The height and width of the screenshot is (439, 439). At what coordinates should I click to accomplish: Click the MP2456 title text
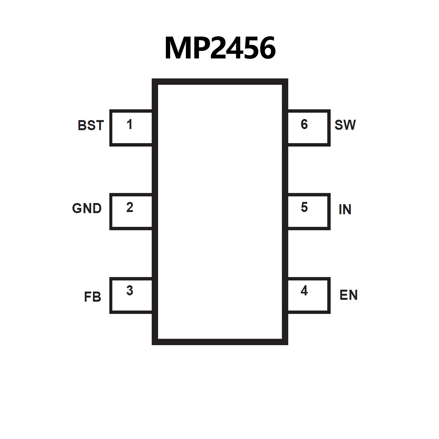(x=220, y=48)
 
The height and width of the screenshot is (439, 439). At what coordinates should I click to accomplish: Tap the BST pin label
(x=91, y=125)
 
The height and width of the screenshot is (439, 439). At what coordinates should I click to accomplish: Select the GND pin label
(x=87, y=208)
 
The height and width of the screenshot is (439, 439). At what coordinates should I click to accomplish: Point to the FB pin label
(x=92, y=297)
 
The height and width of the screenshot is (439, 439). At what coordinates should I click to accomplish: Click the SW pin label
(x=345, y=125)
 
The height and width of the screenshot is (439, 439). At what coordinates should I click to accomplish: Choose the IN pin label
(x=345, y=209)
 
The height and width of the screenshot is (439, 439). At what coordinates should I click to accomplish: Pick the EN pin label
(x=348, y=295)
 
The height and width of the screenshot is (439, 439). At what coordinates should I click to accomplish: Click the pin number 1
(x=129, y=124)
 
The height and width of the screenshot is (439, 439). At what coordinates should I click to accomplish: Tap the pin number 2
(x=130, y=207)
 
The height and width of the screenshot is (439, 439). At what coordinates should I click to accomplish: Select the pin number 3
(x=130, y=291)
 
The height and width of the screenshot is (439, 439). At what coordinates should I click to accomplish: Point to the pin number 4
(x=304, y=291)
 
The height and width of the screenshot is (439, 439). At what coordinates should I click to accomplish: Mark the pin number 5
(x=304, y=207)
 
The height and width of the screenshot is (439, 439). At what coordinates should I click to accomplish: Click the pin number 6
(x=304, y=124)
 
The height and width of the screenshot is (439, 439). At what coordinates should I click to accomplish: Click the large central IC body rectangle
(x=220, y=212)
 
